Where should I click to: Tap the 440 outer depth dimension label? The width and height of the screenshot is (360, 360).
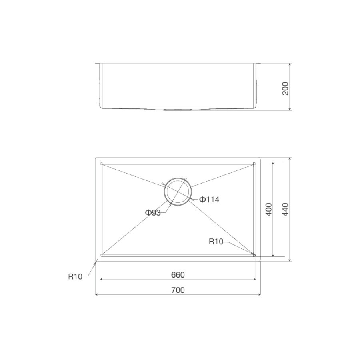(285, 209)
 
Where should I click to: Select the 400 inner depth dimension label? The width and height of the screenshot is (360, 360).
(269, 209)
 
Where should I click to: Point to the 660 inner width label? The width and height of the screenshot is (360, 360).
(178, 275)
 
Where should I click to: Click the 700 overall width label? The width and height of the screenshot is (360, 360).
(178, 290)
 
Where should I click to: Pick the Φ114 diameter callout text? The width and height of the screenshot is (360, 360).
(209, 200)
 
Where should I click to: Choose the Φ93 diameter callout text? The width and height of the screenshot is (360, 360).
(153, 213)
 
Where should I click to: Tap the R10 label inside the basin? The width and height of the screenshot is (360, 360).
(216, 242)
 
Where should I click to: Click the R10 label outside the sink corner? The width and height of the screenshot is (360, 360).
(75, 276)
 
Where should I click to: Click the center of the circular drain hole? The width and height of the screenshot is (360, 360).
(178, 192)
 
